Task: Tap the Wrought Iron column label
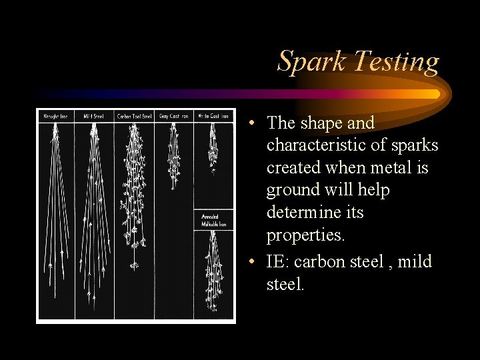[x=55, y=116]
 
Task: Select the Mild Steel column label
[x=94, y=116]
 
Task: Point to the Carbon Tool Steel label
[x=134, y=116]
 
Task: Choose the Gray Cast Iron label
[x=173, y=116]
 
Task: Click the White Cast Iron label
[x=214, y=116]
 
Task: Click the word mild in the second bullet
[x=415, y=262]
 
